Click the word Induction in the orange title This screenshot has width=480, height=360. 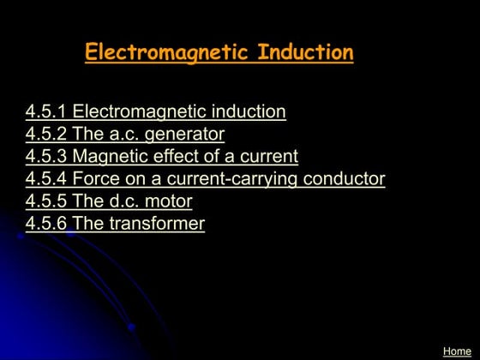click(305, 52)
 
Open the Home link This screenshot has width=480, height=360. click(457, 351)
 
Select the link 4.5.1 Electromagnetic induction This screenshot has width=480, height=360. click(156, 111)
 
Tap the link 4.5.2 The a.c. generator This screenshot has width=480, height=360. click(125, 134)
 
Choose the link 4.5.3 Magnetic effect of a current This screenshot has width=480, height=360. click(162, 156)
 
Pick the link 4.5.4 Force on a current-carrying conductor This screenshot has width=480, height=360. click(206, 179)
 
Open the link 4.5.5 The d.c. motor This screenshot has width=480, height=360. click(109, 201)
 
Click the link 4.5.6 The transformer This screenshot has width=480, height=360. click(116, 224)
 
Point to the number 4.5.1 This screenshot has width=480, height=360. click(46, 111)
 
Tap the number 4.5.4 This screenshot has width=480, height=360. click(46, 179)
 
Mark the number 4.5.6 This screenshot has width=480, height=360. click(46, 224)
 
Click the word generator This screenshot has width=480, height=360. click(184, 135)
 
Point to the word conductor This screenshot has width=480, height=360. click(343, 179)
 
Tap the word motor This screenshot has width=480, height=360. click(169, 201)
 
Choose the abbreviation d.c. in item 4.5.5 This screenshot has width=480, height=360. click(124, 201)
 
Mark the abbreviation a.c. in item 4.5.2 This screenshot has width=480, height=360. click(124, 134)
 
